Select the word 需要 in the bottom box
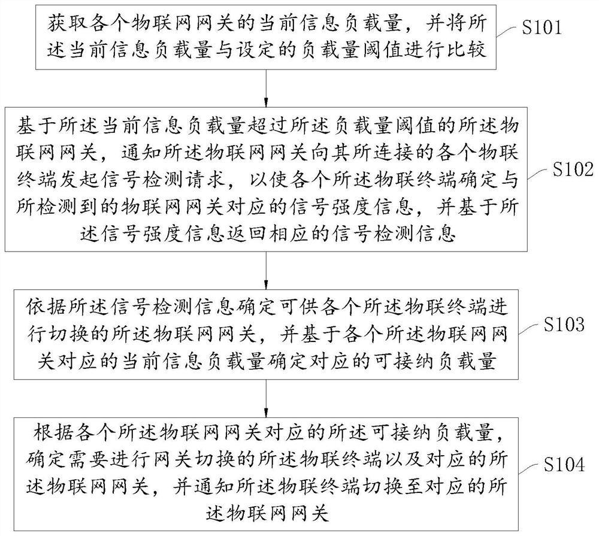pos(89,455)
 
